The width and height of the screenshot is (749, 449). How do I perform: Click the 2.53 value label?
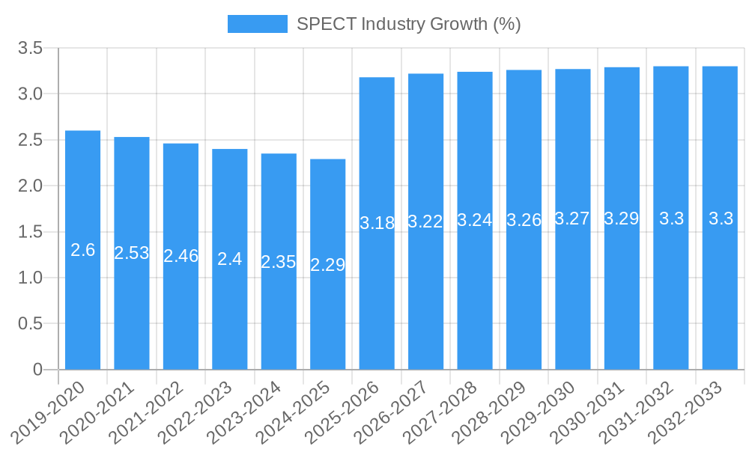click(x=132, y=253)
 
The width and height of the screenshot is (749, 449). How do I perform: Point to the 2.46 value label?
click(x=181, y=256)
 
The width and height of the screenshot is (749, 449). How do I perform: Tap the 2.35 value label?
click(x=279, y=262)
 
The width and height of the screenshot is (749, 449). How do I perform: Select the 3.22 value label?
click(x=425, y=222)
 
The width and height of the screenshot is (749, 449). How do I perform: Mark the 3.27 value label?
click(x=573, y=219)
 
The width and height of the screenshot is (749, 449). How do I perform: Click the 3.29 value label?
click(x=622, y=219)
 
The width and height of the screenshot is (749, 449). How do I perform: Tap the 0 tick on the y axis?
click(x=38, y=370)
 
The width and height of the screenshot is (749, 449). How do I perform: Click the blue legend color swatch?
click(x=257, y=24)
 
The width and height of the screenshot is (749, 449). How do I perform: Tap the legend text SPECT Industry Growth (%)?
click(x=408, y=24)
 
